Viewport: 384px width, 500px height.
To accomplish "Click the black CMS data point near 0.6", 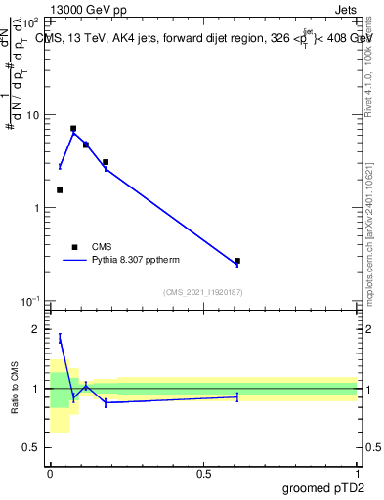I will (x=237, y=261).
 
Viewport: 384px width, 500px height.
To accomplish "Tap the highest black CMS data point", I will (x=73, y=128).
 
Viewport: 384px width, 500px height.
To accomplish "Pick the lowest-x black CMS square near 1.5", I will (x=60, y=190).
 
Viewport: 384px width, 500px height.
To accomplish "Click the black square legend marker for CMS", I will (x=74, y=247).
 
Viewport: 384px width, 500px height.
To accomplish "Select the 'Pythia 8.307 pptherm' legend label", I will (x=140, y=261).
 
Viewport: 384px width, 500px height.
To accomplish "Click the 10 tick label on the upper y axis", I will (x=33, y=115).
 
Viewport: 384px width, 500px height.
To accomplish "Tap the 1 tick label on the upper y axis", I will (x=37, y=208).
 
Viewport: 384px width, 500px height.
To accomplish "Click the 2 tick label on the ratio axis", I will (x=37, y=330).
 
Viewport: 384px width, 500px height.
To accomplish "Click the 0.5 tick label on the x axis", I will (x=203, y=473).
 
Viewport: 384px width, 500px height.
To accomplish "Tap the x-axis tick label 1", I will (x=357, y=473).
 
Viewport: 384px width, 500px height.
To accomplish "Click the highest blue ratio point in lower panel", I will (x=60, y=338).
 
